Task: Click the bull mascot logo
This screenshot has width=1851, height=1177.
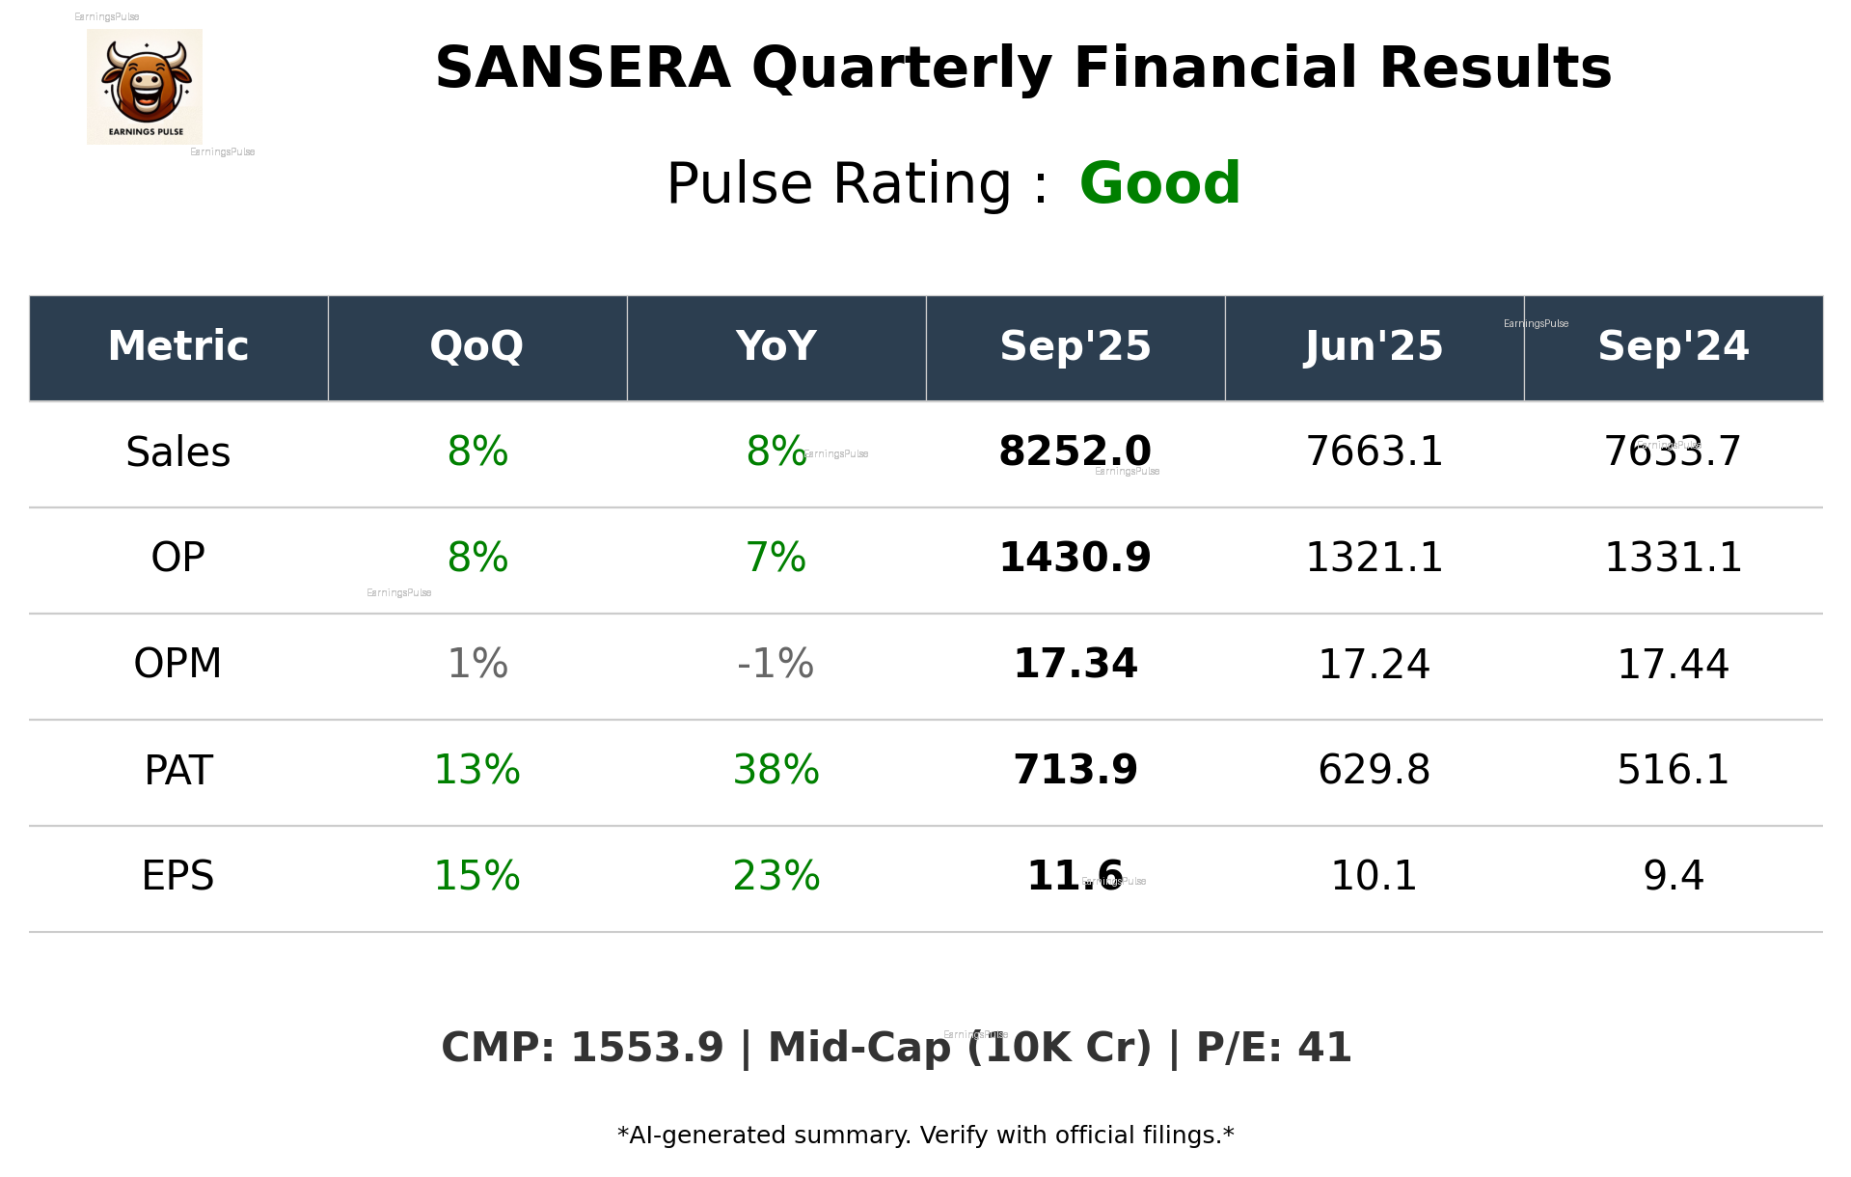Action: point(145,87)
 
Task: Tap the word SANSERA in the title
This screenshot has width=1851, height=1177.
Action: point(583,69)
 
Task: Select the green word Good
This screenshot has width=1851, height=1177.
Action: point(1159,183)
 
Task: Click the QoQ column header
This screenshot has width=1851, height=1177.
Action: point(476,346)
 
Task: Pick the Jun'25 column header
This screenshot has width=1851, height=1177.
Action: point(1374,346)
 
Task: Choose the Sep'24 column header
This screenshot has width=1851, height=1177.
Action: point(1673,346)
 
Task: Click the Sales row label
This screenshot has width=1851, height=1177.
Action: point(178,452)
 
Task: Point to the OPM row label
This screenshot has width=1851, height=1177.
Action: point(178,664)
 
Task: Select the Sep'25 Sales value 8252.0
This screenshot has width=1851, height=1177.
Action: point(1075,452)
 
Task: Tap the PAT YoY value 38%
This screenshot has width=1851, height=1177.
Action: point(776,770)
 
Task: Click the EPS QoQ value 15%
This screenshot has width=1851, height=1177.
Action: point(476,876)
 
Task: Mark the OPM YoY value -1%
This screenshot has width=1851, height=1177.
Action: point(776,664)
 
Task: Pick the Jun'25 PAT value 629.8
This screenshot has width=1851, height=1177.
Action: point(1374,770)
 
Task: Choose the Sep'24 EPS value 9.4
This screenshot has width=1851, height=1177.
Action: point(1673,876)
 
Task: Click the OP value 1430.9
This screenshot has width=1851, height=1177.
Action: point(1075,558)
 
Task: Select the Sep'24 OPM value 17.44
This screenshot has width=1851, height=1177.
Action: point(1673,664)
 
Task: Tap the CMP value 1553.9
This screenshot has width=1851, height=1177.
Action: point(646,1049)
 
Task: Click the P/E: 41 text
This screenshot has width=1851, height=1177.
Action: point(1273,1049)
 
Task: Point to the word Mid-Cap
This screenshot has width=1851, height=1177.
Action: point(858,1049)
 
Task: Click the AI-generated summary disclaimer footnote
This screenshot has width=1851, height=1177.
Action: point(925,1136)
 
